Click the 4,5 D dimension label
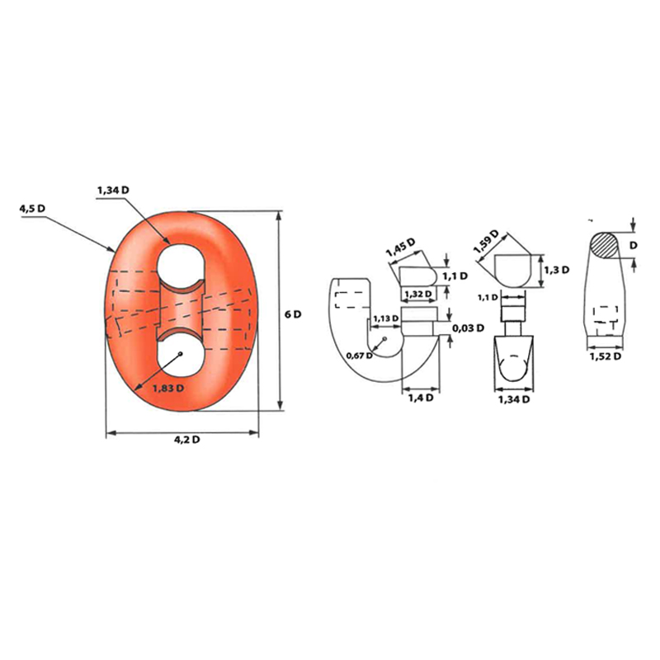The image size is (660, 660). (x=32, y=209)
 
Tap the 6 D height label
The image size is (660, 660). (x=293, y=314)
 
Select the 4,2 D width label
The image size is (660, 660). (x=187, y=440)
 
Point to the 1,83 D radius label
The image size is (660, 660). (x=168, y=388)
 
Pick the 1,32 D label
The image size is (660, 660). (x=418, y=294)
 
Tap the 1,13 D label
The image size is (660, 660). (x=385, y=318)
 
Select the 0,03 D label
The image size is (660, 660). (x=468, y=328)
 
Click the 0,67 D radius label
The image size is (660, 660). (x=359, y=356)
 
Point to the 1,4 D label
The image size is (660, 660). (x=421, y=398)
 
